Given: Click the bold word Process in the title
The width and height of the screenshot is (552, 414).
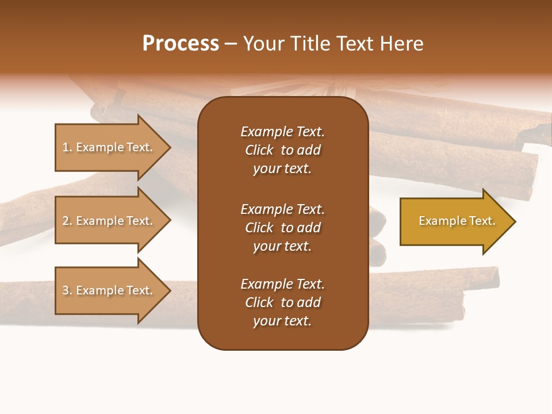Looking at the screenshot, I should coord(181,44).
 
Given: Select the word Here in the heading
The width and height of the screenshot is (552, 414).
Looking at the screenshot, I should coord(402,44).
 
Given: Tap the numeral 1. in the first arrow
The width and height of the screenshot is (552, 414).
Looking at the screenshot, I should coord(67,147).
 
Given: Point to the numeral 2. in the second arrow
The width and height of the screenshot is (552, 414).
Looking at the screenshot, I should coord(67,221).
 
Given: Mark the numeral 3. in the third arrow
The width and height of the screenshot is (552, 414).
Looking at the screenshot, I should coord(67,290).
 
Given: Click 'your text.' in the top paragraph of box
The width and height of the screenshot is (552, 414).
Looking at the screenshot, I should coord(282,169).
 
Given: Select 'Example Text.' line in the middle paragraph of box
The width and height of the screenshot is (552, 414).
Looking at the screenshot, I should coord(282,209).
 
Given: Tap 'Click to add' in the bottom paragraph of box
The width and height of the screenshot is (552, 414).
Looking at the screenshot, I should coord(282,302).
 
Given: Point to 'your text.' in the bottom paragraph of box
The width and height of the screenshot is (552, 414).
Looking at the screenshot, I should coord(282,321).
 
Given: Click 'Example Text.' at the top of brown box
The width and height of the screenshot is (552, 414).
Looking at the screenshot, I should coord(282,132).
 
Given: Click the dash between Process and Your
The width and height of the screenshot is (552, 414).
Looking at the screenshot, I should coord(231,44).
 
